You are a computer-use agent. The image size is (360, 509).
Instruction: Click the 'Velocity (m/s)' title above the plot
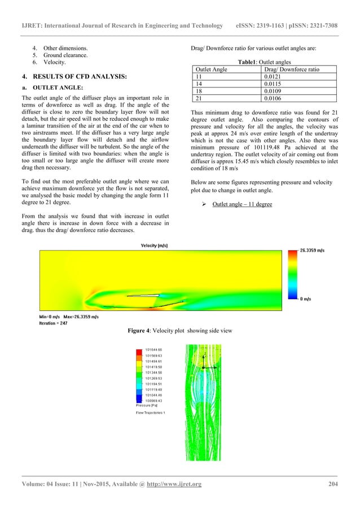(154, 245)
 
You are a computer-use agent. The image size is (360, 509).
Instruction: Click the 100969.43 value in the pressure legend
(155, 400)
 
